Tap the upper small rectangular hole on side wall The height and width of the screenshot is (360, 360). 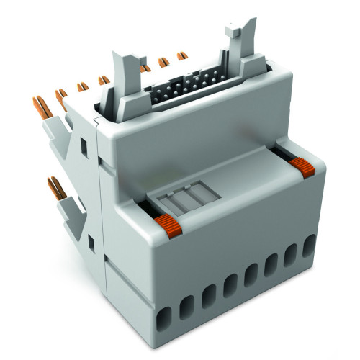click(84, 147)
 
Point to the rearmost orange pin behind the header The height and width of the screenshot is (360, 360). click(182, 57)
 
